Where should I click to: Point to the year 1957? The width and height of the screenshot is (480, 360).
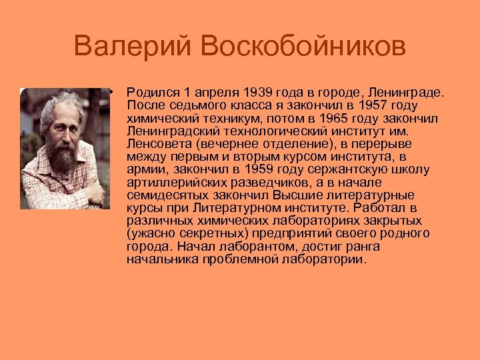tap(375, 105)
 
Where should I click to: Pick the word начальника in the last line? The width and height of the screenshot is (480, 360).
tap(157, 259)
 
